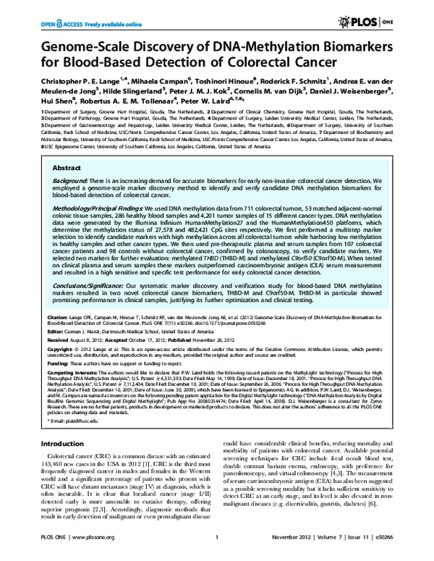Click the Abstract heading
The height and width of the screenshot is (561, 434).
[65, 166]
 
